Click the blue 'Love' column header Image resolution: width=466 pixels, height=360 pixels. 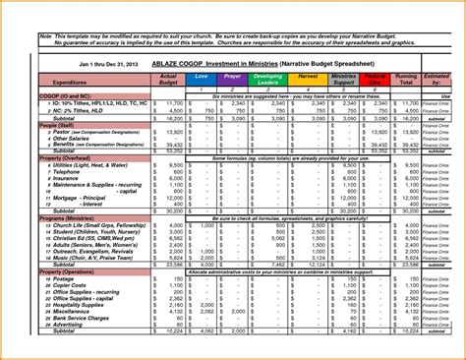(202, 76)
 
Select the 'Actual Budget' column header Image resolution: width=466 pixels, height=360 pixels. (167, 79)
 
